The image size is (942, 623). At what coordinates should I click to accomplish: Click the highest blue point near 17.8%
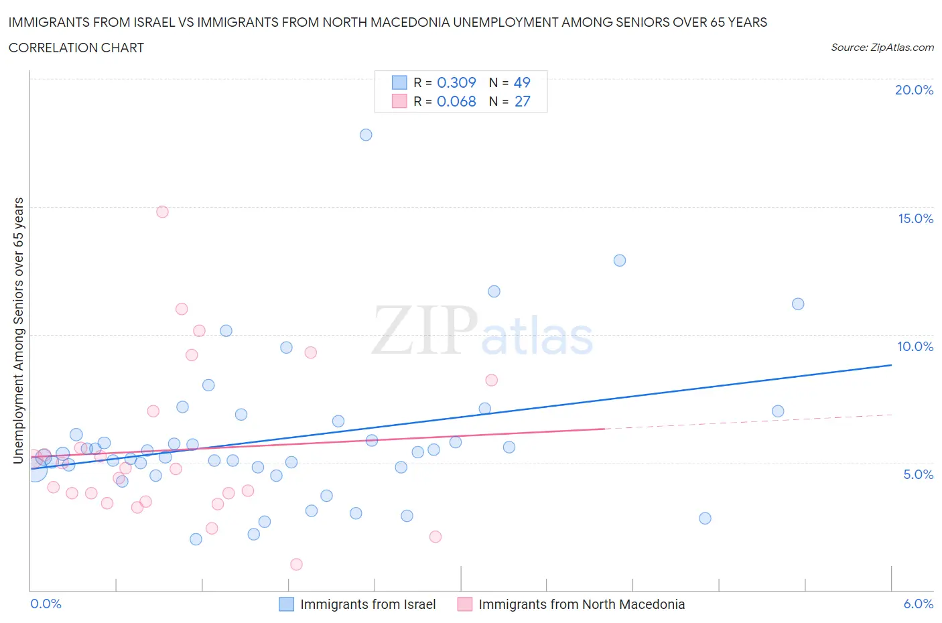pos(366,135)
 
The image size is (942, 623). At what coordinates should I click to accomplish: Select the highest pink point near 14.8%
pos(162,212)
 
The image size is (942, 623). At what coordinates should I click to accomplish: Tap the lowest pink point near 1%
pos(296,564)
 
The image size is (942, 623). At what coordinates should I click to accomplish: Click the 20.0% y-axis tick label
pos(914,90)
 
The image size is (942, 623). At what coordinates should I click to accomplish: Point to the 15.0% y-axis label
pos(915,218)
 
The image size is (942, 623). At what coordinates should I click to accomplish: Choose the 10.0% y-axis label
pos(915,346)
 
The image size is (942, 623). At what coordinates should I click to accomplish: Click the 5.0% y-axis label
pos(918,474)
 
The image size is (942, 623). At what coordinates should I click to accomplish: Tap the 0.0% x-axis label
pos(46,604)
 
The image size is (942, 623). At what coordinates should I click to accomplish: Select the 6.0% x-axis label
pos(918,604)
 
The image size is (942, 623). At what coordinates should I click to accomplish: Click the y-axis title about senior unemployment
pos(19,330)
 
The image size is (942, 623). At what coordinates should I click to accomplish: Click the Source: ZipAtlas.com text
pos(882,48)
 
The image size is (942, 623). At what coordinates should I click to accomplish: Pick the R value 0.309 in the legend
pos(456,82)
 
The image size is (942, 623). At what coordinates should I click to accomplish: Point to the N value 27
pos(522,101)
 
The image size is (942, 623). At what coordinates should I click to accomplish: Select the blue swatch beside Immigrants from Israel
pos(286,604)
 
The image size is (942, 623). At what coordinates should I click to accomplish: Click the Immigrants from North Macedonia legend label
pos(582,604)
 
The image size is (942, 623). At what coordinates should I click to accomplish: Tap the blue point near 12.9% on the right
pos(620,261)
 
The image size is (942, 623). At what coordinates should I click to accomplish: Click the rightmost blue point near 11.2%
pos(798,304)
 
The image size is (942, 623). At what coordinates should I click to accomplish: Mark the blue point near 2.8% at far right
pos(705,518)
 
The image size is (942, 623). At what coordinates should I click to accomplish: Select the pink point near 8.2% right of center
pos(491,380)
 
